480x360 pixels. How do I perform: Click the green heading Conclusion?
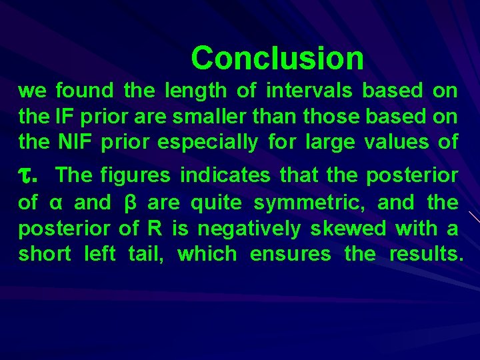coord(277,58)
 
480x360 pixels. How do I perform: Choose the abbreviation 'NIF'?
coord(75,142)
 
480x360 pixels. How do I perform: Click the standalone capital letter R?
coord(153,228)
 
